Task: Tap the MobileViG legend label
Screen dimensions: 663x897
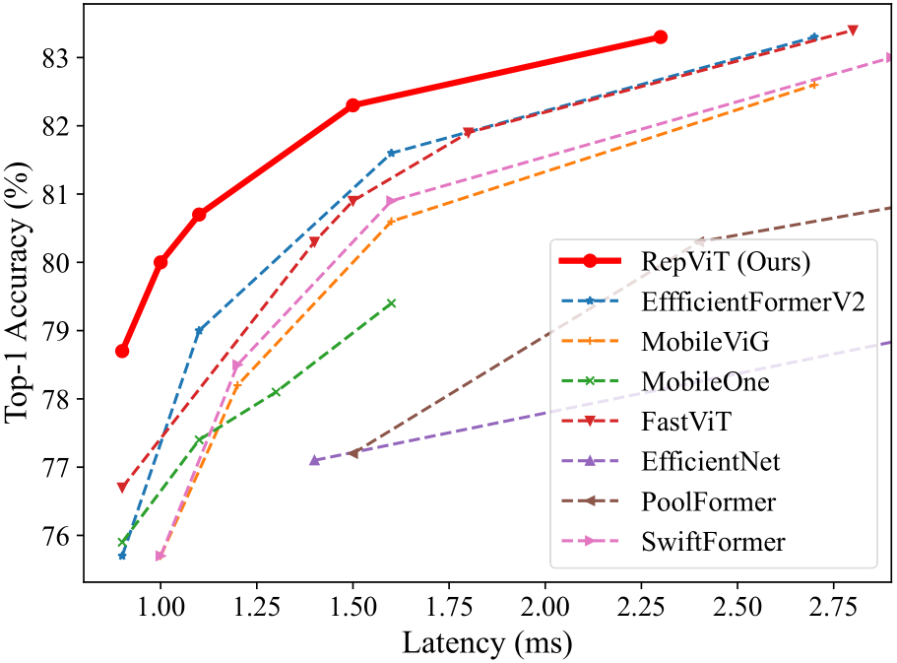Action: (x=703, y=343)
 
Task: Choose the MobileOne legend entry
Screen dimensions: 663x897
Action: (x=705, y=381)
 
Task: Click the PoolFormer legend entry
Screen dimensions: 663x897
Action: (x=708, y=501)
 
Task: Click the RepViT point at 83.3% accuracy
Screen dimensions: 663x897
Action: (x=660, y=37)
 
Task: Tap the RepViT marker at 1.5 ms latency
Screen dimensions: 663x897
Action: (x=352, y=105)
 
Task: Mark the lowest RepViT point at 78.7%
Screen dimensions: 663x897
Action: (x=122, y=351)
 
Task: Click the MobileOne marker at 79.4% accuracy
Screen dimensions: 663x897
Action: (x=391, y=303)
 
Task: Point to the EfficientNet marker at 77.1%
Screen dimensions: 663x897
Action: (x=314, y=460)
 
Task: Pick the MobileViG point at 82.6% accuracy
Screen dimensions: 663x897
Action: (x=813, y=85)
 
